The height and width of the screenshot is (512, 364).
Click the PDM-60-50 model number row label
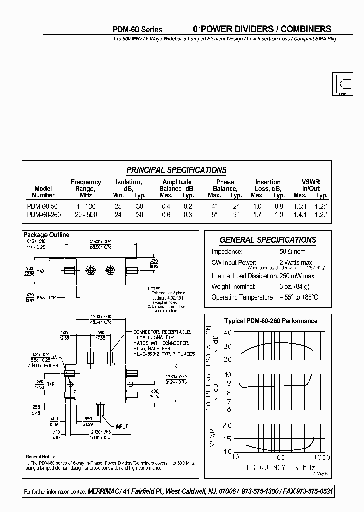pyautogui.click(x=42, y=206)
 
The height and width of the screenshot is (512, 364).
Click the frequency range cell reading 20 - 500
pyautogui.click(x=85, y=214)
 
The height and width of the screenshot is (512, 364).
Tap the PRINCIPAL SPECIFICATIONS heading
pyautogui.click(x=176, y=170)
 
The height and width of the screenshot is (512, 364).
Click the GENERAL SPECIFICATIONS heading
pyautogui.click(x=268, y=240)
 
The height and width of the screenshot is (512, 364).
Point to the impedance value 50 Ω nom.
pyautogui.click(x=293, y=252)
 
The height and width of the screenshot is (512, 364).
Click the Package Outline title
pyautogui.click(x=47, y=235)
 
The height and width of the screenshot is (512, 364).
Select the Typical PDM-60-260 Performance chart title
pyautogui.click(x=271, y=321)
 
